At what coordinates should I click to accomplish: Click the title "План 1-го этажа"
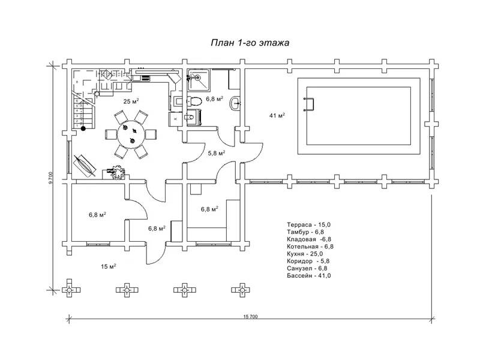pos(250,43)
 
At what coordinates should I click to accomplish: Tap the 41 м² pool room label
pos(277,115)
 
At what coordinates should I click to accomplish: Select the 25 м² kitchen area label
pos(131,101)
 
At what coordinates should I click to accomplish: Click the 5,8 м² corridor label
pos(217,153)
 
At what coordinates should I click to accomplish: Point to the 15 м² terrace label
pos(109,266)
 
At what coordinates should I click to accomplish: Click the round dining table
pos(131,134)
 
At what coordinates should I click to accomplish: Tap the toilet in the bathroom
pos(194,100)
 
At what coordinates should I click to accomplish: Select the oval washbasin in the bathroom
pos(235,103)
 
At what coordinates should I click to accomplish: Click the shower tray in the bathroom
pos(199,80)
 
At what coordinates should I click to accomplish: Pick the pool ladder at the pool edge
pos(308,104)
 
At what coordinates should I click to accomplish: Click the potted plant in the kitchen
pos(118,172)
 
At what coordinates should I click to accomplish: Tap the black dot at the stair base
pos(83,128)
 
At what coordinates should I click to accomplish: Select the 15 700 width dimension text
pos(250,317)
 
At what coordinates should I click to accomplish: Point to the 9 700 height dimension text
pos(51,178)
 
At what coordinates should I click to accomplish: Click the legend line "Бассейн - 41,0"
pos(309,275)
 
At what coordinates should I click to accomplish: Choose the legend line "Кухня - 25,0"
pos(305,254)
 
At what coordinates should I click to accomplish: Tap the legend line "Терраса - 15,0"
pos(308,224)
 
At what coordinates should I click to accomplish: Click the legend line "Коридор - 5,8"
pos(308,261)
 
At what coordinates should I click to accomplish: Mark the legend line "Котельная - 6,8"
pos(310,247)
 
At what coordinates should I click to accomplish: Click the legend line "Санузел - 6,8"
pos(307,268)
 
